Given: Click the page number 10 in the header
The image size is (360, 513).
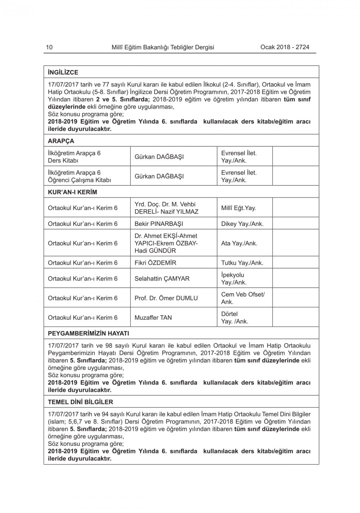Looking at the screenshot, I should [49, 47].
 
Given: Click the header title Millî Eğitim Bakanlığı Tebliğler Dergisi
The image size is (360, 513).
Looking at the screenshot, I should [163, 47].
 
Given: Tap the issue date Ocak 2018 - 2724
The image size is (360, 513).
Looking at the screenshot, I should [284, 47].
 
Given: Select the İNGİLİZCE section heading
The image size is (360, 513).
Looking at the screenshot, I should [63, 72].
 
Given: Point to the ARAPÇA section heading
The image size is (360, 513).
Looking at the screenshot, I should [61, 141].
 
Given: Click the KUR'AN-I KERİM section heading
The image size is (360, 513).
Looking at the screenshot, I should [72, 192].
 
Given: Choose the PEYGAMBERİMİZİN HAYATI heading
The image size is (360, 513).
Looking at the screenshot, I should [88, 333].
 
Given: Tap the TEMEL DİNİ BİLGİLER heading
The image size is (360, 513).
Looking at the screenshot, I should [80, 402].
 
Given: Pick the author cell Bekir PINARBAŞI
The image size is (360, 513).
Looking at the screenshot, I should [159, 224].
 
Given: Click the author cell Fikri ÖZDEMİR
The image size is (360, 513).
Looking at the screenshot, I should [155, 263].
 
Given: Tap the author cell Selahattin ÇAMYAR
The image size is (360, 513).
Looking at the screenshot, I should [162, 278].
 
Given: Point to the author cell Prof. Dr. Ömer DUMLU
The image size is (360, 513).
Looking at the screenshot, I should [166, 298].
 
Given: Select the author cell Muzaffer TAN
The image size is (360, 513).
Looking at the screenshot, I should [153, 317].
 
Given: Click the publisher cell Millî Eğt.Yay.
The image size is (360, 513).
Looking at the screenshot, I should [238, 208].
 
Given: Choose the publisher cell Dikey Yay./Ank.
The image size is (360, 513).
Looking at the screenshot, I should [242, 224].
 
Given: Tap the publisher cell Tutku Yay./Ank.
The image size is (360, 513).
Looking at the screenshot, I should [242, 263].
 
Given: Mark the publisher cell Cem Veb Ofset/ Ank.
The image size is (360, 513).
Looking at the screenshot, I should [243, 298].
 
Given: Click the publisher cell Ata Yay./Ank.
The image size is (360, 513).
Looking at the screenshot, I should [239, 243].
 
